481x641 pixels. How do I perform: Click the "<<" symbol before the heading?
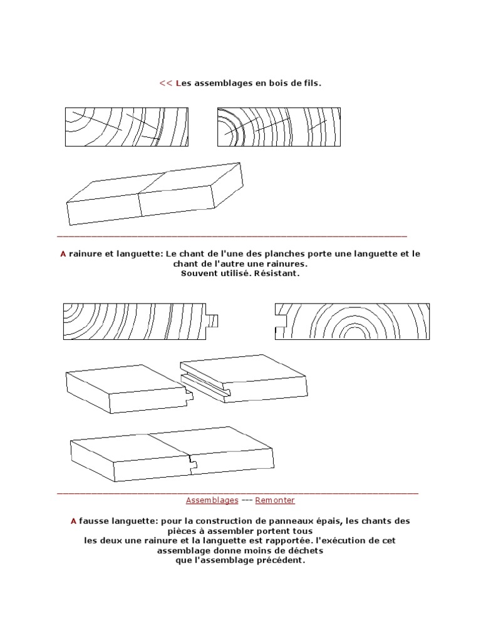(x=165, y=83)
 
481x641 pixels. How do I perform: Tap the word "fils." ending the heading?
(x=311, y=83)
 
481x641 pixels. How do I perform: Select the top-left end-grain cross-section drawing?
(x=127, y=127)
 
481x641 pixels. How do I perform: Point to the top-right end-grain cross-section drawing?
(x=279, y=127)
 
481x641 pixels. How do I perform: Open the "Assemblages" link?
(x=212, y=500)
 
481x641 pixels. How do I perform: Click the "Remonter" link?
(x=275, y=500)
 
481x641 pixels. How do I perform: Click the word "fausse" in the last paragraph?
(x=93, y=521)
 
